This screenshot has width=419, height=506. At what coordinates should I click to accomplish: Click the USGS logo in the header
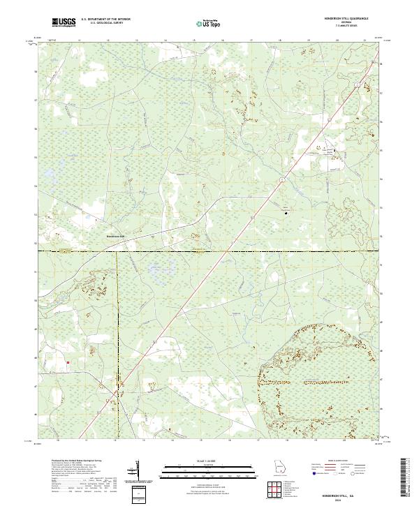[x=64, y=22]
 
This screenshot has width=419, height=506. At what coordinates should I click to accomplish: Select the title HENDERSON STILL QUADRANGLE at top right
[x=346, y=19]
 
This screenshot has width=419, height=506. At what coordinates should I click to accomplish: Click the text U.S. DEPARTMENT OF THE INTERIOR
[x=105, y=20]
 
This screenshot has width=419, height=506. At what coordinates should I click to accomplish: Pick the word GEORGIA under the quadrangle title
[x=346, y=23]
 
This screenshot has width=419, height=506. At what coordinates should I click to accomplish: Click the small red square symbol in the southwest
[x=68, y=362]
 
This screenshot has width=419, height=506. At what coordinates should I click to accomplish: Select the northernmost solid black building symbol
[x=333, y=150]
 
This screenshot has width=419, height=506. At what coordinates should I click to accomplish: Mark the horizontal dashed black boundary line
[x=209, y=251]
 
